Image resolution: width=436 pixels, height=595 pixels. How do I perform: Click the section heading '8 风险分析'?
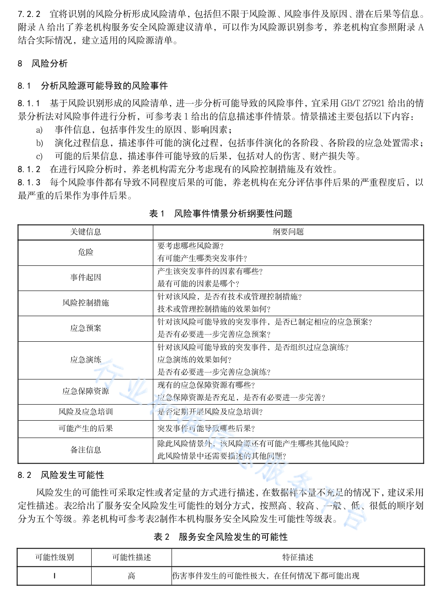pyautogui.click(x=43, y=64)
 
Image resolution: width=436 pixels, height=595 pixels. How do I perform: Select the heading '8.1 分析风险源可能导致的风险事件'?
pyautogui.click(x=92, y=86)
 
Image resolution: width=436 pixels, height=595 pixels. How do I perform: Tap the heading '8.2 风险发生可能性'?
pyautogui.click(x=61, y=475)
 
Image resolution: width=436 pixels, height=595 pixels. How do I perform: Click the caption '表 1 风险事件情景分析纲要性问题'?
pyautogui.click(x=221, y=214)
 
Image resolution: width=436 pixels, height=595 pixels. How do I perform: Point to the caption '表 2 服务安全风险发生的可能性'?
pyautogui.click(x=221, y=537)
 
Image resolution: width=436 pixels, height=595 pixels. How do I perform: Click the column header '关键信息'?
pyautogui.click(x=86, y=232)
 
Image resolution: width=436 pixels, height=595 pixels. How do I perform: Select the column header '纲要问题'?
pyautogui.click(x=288, y=232)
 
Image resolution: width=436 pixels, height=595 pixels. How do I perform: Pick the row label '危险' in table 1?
pyautogui.click(x=86, y=252)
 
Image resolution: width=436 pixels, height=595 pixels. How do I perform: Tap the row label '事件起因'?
pyautogui.click(x=86, y=278)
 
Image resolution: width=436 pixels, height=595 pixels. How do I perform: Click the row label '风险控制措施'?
pyautogui.click(x=86, y=303)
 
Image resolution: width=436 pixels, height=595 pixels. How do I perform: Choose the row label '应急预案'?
pyautogui.click(x=86, y=328)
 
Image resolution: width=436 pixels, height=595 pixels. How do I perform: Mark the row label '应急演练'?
pyautogui.click(x=86, y=360)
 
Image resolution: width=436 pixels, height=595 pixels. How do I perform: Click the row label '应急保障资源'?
pyautogui.click(x=86, y=391)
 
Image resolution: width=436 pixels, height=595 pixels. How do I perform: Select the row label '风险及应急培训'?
pyautogui.click(x=86, y=412)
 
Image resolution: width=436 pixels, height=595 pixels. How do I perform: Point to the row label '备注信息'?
pyautogui.click(x=86, y=450)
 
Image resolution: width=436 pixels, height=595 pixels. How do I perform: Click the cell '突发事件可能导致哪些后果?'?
pyautogui.click(x=206, y=428)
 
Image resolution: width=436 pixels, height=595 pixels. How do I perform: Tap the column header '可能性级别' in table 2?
pyautogui.click(x=54, y=557)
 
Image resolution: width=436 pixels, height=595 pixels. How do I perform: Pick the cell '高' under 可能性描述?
pyautogui.click(x=131, y=576)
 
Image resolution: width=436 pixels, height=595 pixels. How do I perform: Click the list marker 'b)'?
pyautogui.click(x=40, y=143)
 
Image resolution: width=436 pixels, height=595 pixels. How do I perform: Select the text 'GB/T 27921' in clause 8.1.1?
pyautogui.click(x=363, y=103)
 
